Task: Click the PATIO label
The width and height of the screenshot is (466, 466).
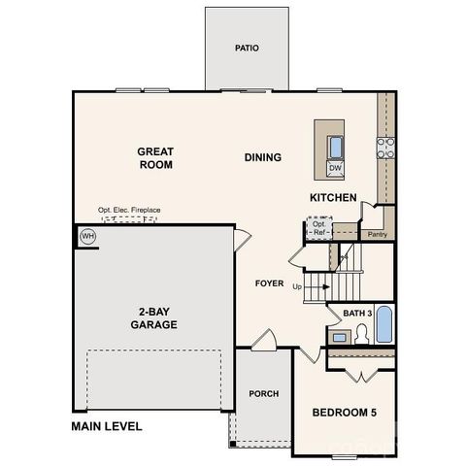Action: pos(247,48)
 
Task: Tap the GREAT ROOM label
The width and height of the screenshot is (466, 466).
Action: pos(154,158)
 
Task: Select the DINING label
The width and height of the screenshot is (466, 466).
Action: pos(262,157)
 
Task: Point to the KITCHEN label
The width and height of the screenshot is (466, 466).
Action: pos(333,198)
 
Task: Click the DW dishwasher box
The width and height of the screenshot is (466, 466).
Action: pos(335,169)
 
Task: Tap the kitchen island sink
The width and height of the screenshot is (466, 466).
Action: pos(335,147)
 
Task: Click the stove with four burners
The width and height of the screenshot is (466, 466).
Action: pos(385,148)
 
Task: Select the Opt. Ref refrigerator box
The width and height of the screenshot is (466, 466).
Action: pos(318,229)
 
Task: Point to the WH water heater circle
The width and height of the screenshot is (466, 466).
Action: pos(87,236)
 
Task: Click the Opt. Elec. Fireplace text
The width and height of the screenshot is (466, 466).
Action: pos(129,210)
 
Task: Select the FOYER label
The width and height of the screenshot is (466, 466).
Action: pos(269,283)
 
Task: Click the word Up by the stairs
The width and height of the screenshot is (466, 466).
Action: pos(296,286)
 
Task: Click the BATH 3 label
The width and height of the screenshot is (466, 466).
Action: pos(358,313)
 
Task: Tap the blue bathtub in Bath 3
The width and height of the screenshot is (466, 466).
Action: pos(383,325)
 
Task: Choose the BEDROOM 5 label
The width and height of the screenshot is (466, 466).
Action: pos(344,413)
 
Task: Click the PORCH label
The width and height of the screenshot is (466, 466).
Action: pos(263,393)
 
